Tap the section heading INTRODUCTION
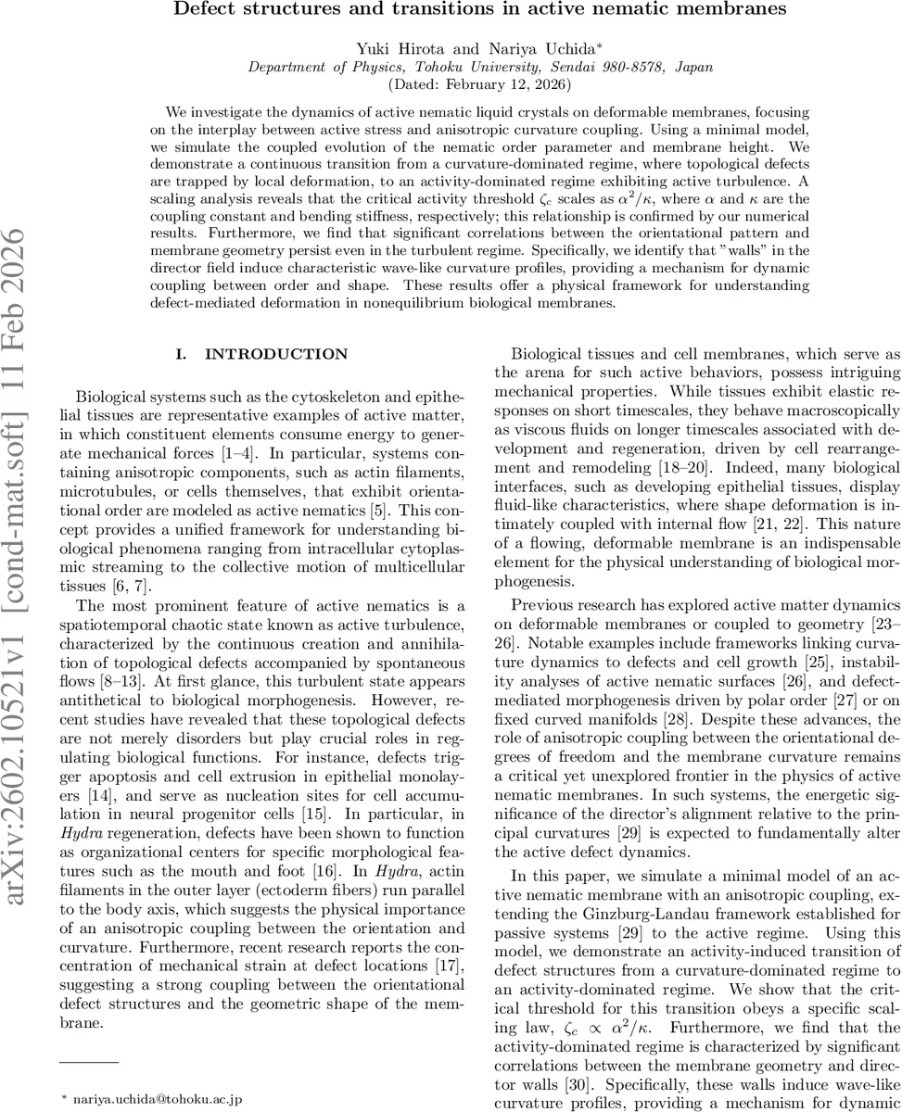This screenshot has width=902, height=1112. pyautogui.click(x=275, y=354)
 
